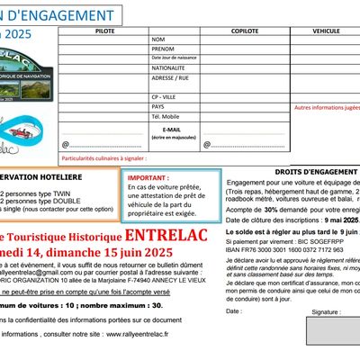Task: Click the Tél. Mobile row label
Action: pos(168,114)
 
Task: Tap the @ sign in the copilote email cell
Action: pos(206,143)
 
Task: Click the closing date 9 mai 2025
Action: pos(338,219)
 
